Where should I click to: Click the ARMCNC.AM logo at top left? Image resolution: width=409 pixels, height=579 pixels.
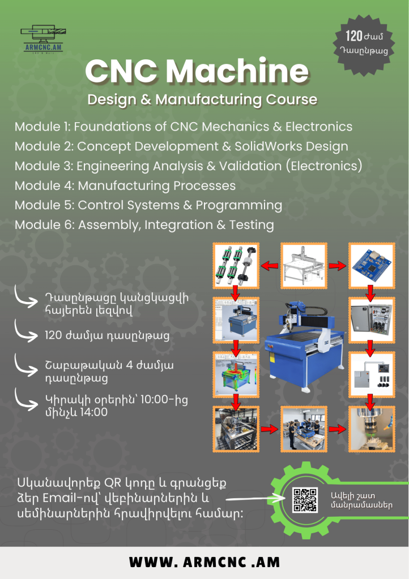point(44,39)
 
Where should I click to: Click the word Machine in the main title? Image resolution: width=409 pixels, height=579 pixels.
point(237,71)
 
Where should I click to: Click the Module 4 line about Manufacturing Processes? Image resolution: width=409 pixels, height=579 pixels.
point(125,185)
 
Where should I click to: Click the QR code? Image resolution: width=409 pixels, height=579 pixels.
point(305,500)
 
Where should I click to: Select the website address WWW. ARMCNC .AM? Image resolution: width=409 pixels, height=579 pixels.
point(204,562)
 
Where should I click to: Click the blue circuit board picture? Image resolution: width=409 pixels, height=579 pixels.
point(372,266)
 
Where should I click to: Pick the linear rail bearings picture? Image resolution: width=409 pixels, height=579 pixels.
point(236,266)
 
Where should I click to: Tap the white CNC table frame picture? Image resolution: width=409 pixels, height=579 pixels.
point(304,266)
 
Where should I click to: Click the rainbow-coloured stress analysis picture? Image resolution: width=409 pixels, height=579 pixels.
point(236,374)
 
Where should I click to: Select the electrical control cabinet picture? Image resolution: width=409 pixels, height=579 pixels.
point(372,320)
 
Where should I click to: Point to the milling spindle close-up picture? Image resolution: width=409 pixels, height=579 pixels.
point(372,429)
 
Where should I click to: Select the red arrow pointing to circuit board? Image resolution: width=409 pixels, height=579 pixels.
point(338,266)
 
